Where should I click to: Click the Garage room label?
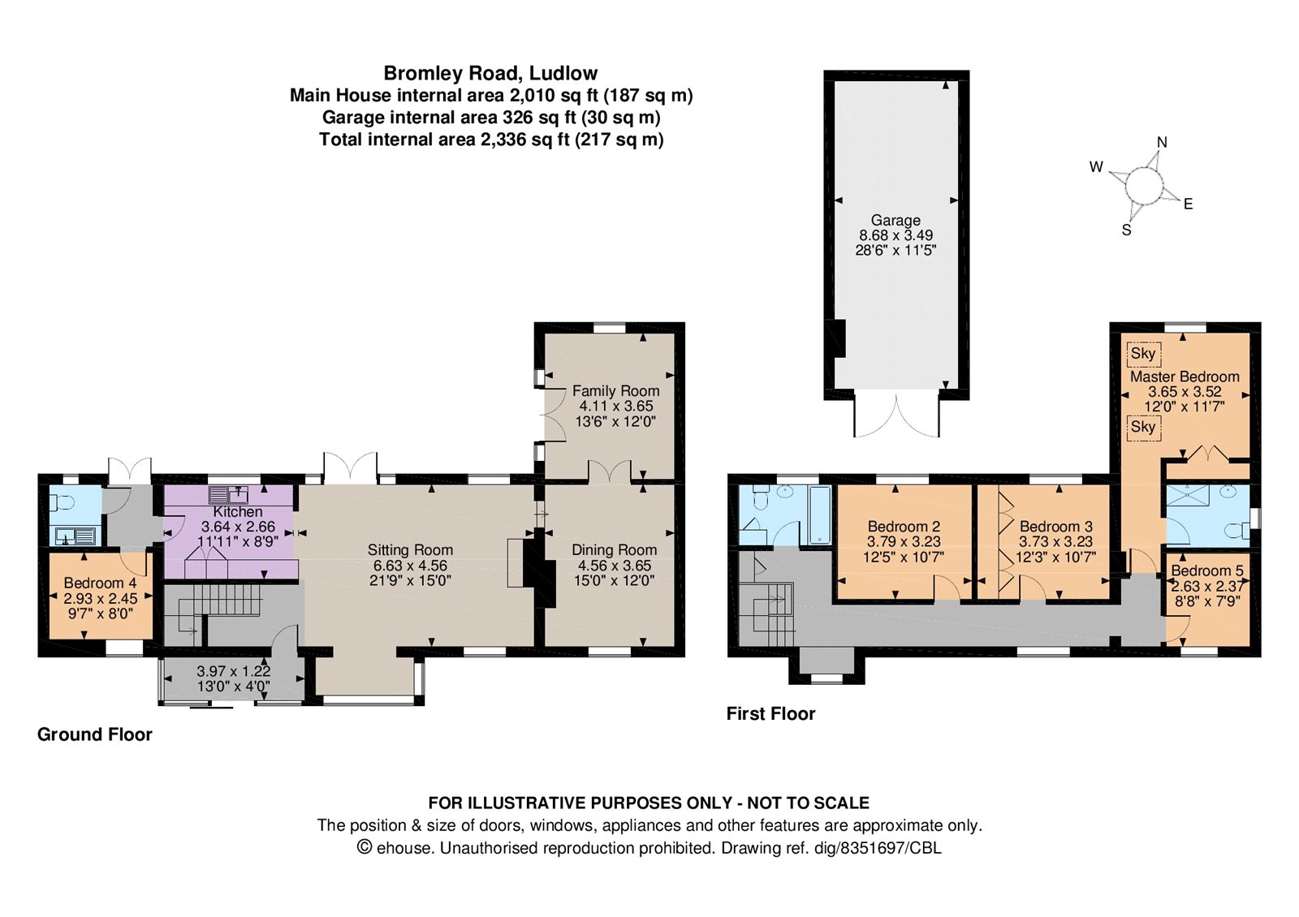pyautogui.click(x=895, y=220)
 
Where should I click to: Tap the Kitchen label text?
pyautogui.click(x=238, y=512)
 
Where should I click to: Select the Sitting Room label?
pyautogui.click(x=410, y=550)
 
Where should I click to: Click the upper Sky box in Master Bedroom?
pyautogui.click(x=1143, y=354)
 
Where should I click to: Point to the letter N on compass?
pyautogui.click(x=1162, y=143)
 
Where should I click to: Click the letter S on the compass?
pyautogui.click(x=1126, y=230)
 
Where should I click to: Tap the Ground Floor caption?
pyautogui.click(x=95, y=734)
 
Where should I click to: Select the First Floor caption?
pyautogui.click(x=770, y=714)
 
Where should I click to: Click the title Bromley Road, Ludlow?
pyautogui.click(x=490, y=73)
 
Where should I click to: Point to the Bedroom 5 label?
pyautogui.click(x=1206, y=571)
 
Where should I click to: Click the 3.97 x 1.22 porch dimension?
pyautogui.click(x=233, y=672)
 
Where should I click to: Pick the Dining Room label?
pyautogui.click(x=614, y=550)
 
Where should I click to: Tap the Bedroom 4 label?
pyautogui.click(x=100, y=583)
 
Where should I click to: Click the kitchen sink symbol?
pyautogui.click(x=227, y=494)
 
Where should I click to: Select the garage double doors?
pyautogui.click(x=896, y=415)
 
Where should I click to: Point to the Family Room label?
pyautogui.click(x=615, y=391)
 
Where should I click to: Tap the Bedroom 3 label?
pyautogui.click(x=1055, y=527)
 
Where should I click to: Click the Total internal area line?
pyautogui.click(x=491, y=140)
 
